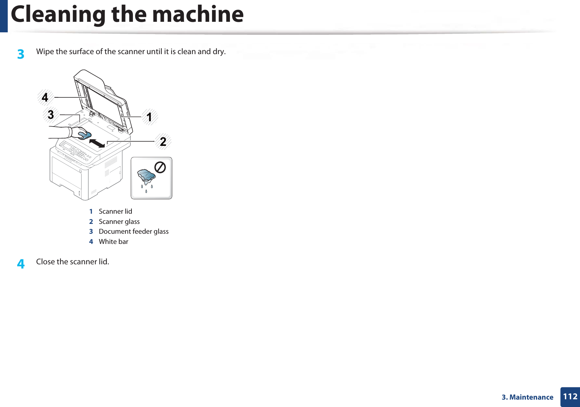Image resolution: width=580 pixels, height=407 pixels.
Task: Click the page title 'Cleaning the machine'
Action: (127, 15)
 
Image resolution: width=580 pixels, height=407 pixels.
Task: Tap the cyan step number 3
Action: (21, 54)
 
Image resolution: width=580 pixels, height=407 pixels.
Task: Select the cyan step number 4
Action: (21, 264)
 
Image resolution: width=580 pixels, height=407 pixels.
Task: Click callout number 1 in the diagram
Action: (149, 117)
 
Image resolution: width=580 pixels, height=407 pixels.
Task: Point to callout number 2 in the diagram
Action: (163, 142)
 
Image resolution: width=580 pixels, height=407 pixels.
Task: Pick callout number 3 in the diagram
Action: (51, 115)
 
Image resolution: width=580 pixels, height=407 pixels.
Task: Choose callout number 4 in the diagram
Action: (45, 97)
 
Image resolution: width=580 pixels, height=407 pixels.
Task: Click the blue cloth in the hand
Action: (85, 135)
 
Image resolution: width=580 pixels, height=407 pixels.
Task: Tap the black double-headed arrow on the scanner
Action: (97, 143)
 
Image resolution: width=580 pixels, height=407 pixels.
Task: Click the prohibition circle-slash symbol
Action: (160, 167)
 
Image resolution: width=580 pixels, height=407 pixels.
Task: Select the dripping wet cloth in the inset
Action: (146, 176)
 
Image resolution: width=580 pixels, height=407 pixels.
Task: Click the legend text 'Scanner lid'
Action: (115, 212)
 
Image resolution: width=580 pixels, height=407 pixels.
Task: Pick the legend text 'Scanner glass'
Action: (119, 222)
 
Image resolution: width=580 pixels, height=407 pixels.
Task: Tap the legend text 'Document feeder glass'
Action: (134, 232)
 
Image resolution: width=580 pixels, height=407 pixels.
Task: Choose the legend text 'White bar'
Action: (114, 242)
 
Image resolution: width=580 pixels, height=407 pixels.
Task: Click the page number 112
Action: (570, 397)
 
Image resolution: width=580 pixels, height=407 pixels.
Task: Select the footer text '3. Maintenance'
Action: (527, 397)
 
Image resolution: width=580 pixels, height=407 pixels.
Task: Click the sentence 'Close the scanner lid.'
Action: (73, 262)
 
